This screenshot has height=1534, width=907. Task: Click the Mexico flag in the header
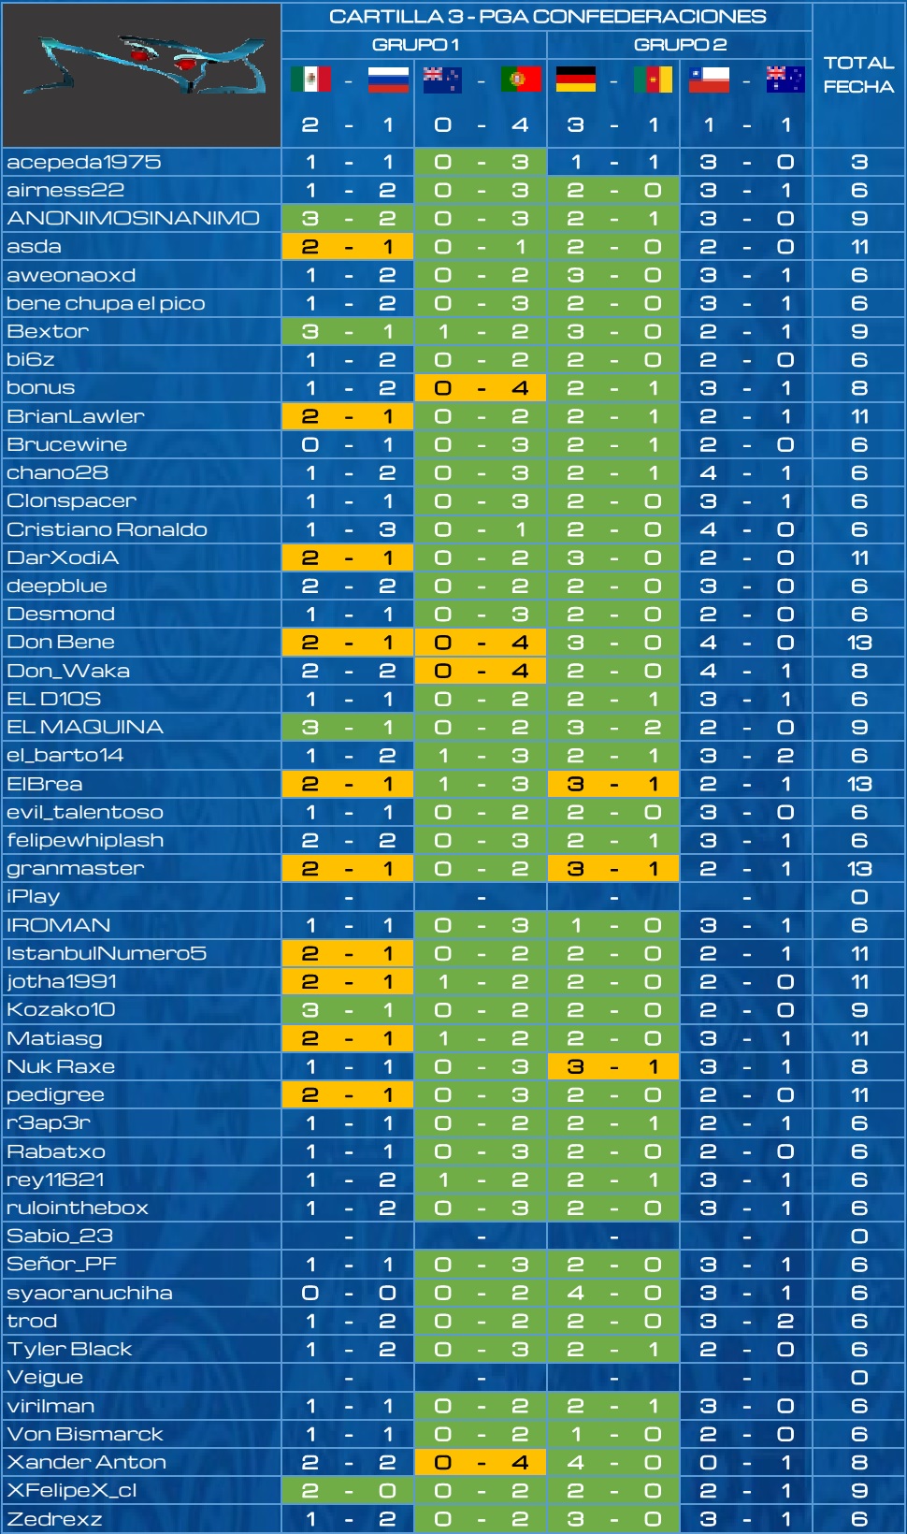coord(310,79)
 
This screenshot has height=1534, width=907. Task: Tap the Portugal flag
coord(520,79)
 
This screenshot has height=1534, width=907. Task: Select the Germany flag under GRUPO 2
coord(576,79)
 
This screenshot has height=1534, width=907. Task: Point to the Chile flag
coord(709,79)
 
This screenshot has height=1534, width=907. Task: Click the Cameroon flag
coord(653,79)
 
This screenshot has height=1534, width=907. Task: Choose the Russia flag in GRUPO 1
coord(388,79)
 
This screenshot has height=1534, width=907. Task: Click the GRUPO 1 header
coord(415,45)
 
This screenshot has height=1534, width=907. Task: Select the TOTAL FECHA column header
coord(859,75)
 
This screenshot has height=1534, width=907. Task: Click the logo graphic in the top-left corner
coord(142,75)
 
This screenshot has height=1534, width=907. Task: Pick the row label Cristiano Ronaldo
coord(107,529)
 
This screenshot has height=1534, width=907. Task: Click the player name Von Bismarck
coord(85,1433)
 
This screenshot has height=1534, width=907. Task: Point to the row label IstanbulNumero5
coord(106,953)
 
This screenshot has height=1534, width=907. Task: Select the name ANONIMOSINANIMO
coord(133,219)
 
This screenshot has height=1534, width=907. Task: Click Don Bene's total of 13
coord(859,643)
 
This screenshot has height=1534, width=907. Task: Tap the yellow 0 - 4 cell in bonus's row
coord(481,387)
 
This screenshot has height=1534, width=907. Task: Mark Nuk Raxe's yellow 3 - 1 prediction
coord(613,1066)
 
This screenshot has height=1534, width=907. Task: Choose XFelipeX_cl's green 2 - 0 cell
coord(348,1490)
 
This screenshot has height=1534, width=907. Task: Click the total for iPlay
coord(859,897)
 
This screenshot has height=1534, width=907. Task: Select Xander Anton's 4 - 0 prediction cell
coord(613,1462)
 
